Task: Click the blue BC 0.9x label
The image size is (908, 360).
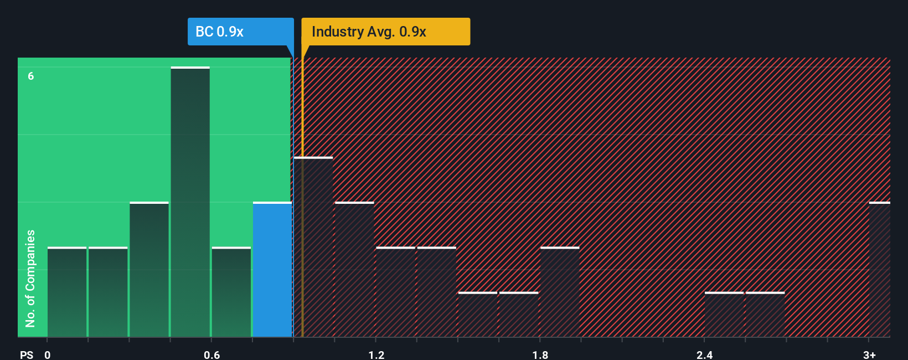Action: [240, 32]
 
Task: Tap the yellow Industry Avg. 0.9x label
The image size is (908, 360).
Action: [385, 32]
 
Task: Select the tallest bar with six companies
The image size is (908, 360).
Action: [190, 202]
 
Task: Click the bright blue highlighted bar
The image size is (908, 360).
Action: [272, 270]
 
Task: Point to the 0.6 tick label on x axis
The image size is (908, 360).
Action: [211, 354]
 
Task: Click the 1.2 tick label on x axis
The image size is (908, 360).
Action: [376, 354]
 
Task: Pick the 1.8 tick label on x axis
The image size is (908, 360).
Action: [540, 354]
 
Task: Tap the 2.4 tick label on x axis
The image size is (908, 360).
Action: [704, 354]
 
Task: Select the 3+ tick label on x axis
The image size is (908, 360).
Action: [869, 354]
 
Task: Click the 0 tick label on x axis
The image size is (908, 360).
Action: [48, 354]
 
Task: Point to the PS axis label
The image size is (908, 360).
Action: [27, 354]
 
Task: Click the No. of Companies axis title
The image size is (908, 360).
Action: [30, 278]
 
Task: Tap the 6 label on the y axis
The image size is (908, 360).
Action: [31, 76]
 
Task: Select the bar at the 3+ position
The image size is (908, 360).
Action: [879, 270]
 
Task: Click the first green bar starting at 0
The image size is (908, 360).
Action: [67, 292]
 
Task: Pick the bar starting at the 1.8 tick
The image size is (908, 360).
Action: [560, 292]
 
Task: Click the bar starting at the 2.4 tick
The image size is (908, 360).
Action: [724, 315]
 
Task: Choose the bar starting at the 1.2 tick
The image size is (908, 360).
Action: [395, 292]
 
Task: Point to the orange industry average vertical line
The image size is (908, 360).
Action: [302, 194]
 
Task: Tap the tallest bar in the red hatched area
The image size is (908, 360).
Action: [314, 247]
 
